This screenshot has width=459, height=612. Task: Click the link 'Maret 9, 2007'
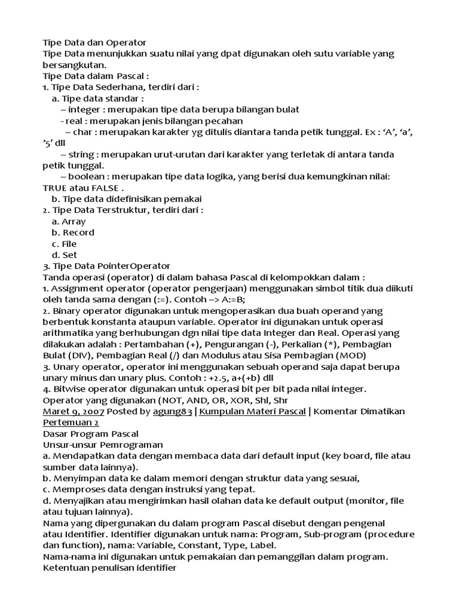click(x=74, y=411)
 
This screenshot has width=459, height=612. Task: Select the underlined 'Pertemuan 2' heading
click(x=71, y=422)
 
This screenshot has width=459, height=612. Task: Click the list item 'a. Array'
click(x=69, y=221)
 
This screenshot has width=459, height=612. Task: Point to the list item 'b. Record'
click(x=73, y=232)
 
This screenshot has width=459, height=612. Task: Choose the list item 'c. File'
click(x=65, y=244)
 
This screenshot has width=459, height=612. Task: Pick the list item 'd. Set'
click(x=65, y=255)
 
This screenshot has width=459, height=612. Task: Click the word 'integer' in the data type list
click(x=84, y=109)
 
